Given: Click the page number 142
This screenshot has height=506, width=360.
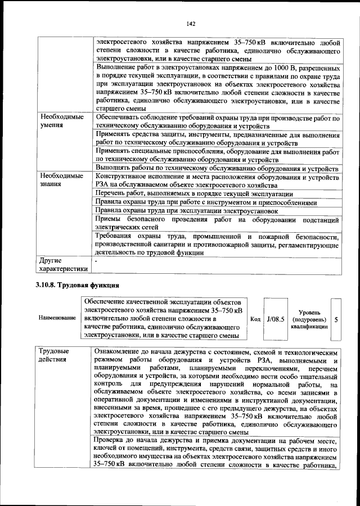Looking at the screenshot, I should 190,23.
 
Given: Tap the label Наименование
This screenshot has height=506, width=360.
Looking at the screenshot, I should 57,318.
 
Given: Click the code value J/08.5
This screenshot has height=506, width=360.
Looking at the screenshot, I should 276,318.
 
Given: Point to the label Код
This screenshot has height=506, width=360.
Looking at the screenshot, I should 255,319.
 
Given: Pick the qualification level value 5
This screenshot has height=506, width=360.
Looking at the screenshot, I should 336,319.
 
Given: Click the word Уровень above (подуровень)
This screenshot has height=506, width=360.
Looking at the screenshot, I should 310,311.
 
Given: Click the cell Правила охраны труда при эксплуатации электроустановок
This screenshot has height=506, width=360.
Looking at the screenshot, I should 187,211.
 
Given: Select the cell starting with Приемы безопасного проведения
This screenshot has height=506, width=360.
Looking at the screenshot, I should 217,223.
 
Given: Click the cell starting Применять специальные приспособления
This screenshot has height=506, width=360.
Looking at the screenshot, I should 217,155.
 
